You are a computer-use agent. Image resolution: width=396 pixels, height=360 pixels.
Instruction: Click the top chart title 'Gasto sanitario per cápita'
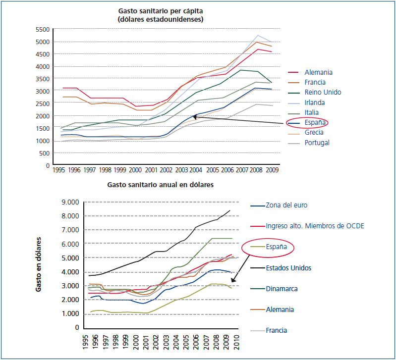point(161,11)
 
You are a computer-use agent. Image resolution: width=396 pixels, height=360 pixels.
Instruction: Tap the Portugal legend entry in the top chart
point(317,143)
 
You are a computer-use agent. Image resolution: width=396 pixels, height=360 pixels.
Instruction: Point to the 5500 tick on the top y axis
point(43,29)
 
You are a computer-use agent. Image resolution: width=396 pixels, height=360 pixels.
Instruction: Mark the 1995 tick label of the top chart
point(59,169)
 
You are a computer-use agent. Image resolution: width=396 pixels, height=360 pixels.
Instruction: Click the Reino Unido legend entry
point(323,92)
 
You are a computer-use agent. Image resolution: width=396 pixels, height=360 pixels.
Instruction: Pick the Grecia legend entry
point(314,133)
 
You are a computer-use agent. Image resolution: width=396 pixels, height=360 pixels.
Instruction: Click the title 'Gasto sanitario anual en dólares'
point(160,185)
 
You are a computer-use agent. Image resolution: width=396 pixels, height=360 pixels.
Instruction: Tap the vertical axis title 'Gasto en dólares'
point(38,265)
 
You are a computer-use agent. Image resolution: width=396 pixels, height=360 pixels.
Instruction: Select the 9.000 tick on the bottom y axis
point(70,202)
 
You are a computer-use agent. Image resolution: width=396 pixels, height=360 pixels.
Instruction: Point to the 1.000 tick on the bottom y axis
point(70,313)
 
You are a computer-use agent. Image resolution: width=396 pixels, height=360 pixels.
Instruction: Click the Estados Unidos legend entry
point(288,268)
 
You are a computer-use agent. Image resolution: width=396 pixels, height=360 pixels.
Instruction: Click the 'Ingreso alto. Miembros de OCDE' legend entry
point(315,226)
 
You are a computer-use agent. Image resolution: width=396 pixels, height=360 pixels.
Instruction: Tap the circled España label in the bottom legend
point(277,247)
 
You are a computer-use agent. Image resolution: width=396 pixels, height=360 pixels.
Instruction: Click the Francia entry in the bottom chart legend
point(277,330)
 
